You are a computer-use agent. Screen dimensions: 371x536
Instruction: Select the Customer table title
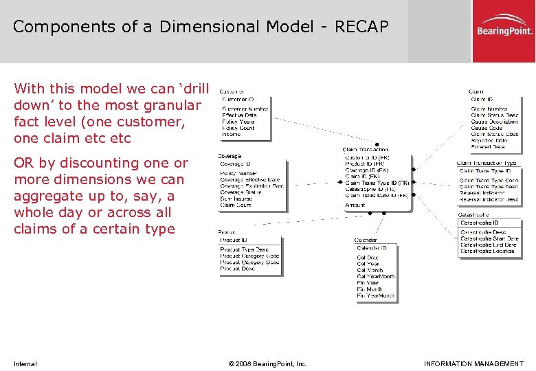[x=232, y=91]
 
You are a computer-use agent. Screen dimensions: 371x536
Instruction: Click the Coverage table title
[x=230, y=156]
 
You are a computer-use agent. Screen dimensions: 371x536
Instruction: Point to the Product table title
[x=228, y=233]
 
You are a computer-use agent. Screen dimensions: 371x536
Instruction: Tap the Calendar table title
[x=366, y=240]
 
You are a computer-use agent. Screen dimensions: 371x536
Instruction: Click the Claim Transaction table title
[x=365, y=149]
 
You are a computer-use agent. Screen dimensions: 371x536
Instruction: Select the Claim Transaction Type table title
[x=486, y=164]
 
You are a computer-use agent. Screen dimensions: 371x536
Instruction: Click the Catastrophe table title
[x=473, y=214]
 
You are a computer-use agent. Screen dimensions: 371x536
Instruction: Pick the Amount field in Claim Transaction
[x=355, y=205]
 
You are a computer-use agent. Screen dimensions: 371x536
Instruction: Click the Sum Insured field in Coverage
[x=236, y=199]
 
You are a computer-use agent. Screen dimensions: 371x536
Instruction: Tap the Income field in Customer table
[x=231, y=135]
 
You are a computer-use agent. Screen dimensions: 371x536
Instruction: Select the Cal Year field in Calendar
[x=368, y=264]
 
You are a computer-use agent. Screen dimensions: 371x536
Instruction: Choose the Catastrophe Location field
[x=487, y=251]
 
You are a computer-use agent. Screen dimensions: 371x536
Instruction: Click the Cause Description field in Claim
[x=494, y=122]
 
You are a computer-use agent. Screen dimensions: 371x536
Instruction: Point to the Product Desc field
[x=237, y=269]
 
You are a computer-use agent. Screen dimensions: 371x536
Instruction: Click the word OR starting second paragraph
[x=23, y=163]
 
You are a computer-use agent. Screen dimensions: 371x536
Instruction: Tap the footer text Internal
[x=25, y=363]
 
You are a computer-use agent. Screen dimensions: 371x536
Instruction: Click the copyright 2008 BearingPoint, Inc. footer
[x=267, y=363]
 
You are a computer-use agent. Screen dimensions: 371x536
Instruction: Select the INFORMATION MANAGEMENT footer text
[x=473, y=363]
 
